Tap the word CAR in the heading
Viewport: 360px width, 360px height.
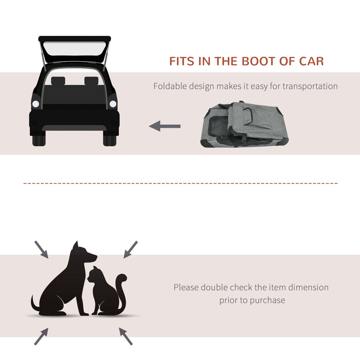point(310,61)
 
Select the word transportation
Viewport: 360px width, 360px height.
point(310,86)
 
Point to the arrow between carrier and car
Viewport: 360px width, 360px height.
point(165,126)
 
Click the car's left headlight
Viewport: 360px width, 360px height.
point(36,104)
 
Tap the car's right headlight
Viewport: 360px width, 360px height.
point(112,104)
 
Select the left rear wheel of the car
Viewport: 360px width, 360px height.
point(39,138)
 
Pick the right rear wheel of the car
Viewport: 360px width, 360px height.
point(110,138)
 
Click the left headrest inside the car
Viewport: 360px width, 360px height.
point(58,81)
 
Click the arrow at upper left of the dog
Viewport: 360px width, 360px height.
point(41,249)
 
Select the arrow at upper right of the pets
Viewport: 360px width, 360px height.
point(130,249)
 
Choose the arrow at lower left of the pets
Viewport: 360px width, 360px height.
point(41,336)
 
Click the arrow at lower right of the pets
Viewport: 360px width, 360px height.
point(126,336)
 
